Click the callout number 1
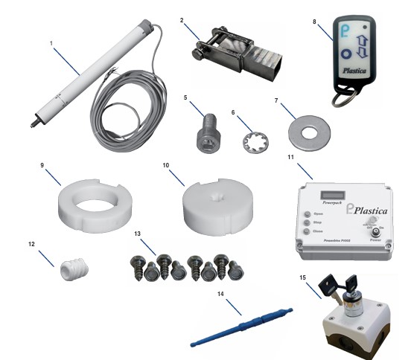coord(50,44)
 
